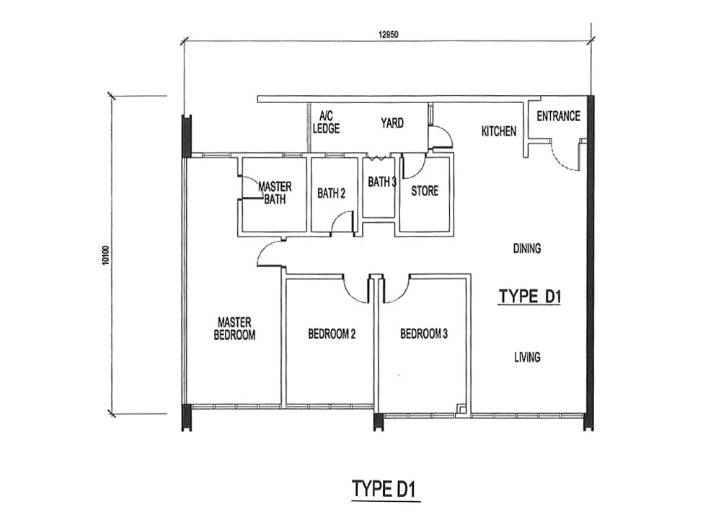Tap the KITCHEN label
point(498,131)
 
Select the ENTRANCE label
point(558,116)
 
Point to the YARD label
point(392,123)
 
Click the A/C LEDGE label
point(326,123)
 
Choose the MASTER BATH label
point(275,193)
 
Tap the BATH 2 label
point(331,194)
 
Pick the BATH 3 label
point(382,182)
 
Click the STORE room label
point(425,191)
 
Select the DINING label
point(527,249)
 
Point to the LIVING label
point(527,357)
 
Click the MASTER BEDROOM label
point(234,329)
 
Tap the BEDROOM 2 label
point(332,334)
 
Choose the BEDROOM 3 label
point(423,334)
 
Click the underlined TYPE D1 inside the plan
point(530,297)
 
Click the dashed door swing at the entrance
point(563,159)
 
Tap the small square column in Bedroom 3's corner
point(461,409)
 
